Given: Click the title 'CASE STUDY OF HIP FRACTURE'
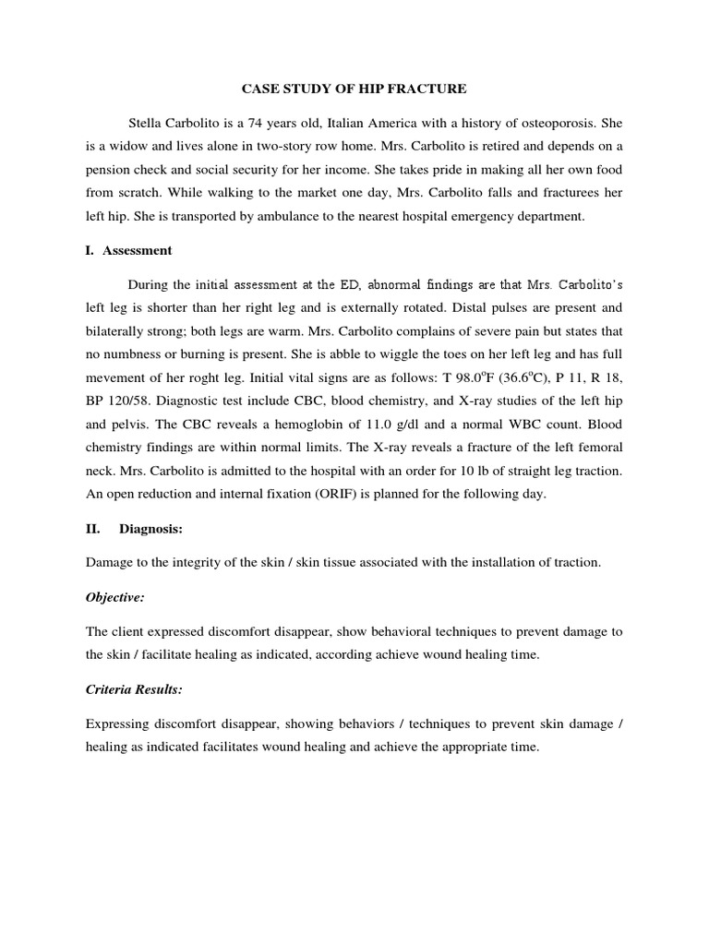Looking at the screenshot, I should point(354,89).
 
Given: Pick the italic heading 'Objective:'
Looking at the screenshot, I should point(114,597).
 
